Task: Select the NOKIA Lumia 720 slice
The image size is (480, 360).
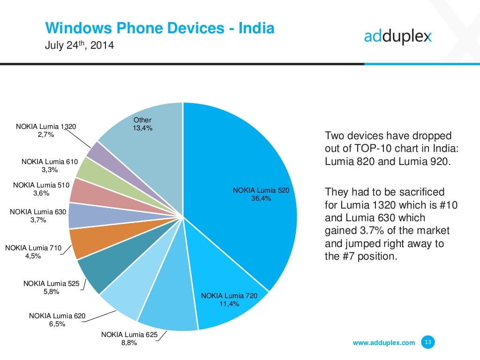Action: point(230,300)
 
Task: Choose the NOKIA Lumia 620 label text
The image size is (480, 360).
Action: point(57,316)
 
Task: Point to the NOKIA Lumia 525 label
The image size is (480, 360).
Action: point(51,283)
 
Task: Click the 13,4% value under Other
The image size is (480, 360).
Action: point(142,128)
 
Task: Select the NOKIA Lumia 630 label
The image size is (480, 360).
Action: point(38,212)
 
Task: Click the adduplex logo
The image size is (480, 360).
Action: point(397,37)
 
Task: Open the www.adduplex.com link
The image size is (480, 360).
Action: point(383,343)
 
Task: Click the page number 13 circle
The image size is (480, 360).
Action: point(427,342)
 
